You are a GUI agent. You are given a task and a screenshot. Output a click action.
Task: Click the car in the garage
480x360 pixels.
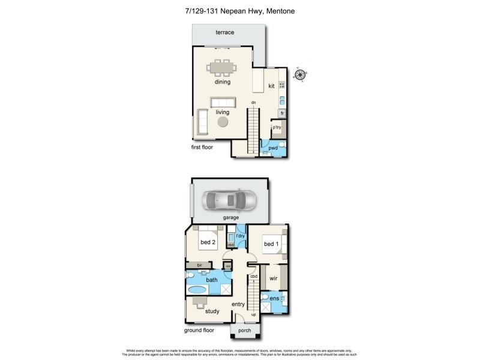coord(229,200)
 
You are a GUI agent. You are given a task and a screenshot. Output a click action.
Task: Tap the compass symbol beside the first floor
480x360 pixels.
coord(300,75)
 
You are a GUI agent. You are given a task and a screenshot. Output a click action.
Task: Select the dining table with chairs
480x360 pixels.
coord(223,67)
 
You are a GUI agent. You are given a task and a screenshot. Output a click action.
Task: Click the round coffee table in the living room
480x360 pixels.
coord(223,122)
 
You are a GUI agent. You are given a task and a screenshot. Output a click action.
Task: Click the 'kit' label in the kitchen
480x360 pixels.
coord(271,86)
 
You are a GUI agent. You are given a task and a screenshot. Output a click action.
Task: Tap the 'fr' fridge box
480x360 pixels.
coord(281,113)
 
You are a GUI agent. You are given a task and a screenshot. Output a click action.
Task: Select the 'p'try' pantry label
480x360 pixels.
coord(277,127)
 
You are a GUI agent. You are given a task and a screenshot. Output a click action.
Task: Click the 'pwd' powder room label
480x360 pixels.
coord(273,147)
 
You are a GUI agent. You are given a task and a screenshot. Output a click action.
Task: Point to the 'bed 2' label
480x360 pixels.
coord(208,242)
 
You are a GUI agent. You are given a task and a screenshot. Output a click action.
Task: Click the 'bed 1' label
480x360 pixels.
coord(271,244)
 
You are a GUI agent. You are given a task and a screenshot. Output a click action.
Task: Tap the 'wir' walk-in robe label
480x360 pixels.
coord(273,278)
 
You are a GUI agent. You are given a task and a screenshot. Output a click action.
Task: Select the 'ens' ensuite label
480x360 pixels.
coord(274,298)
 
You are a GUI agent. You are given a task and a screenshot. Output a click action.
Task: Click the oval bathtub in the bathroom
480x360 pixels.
coord(197,290)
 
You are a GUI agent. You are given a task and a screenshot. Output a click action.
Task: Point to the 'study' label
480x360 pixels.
coord(212,311)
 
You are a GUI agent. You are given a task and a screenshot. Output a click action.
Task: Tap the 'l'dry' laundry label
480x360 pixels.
coord(241,236)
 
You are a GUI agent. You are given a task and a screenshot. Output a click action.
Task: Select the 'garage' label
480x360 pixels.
coord(230,217)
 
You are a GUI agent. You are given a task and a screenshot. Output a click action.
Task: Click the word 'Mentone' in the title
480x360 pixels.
coord(278,11)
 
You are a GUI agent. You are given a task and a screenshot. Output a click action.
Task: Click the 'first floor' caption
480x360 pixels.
coord(202,146)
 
